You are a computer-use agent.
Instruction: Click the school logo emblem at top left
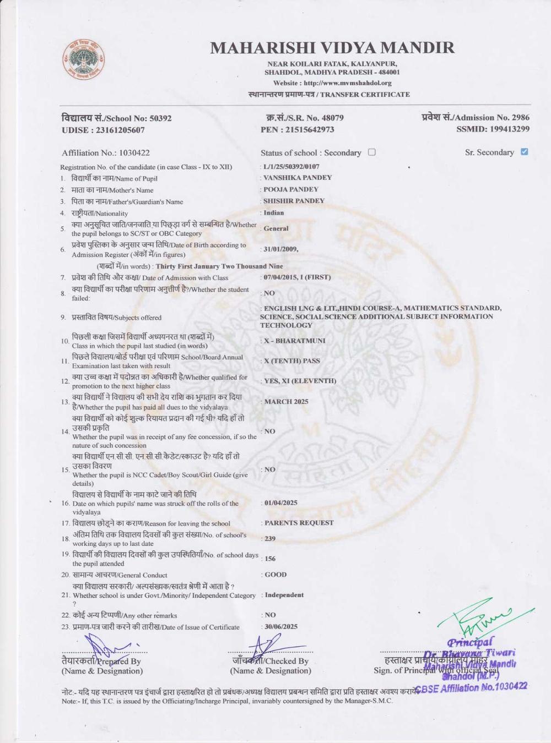83,59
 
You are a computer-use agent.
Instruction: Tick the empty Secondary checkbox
372,152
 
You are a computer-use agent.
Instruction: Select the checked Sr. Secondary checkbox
524,151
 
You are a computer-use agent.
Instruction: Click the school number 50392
160,118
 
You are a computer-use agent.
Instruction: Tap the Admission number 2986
520,117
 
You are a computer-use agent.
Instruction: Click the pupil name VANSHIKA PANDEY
298,178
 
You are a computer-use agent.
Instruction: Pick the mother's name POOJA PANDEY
291,189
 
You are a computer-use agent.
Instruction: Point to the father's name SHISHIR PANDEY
294,201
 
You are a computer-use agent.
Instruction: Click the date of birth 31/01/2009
280,249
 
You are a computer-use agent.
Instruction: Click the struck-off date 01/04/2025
281,503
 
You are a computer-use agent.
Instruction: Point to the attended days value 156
270,559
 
